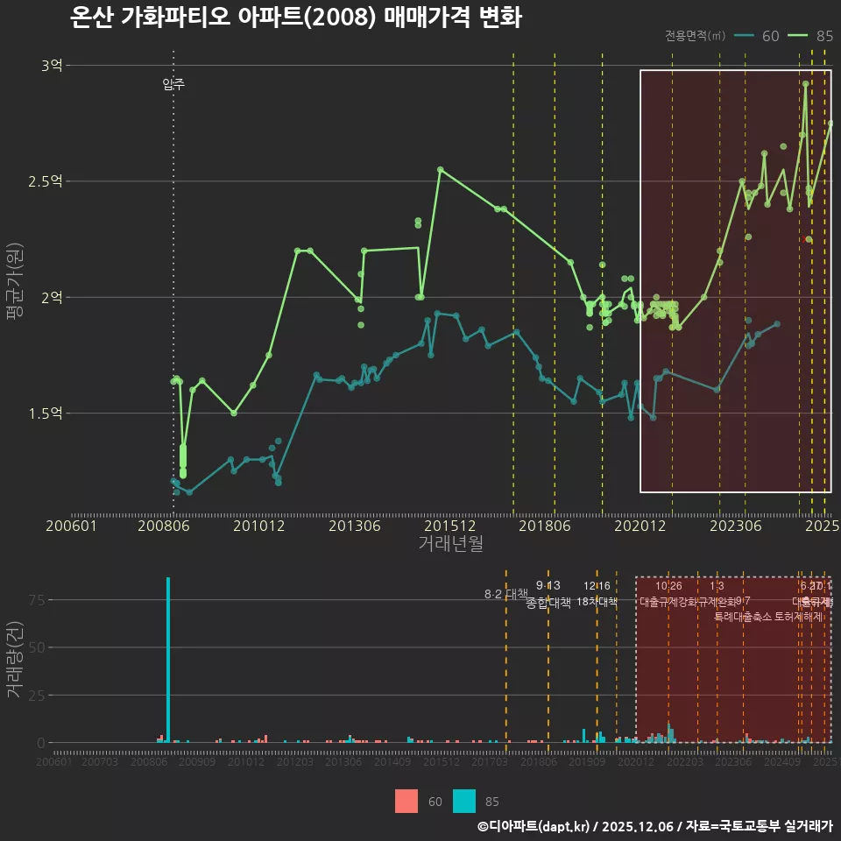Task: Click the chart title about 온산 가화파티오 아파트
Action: point(296,18)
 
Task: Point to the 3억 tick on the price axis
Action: point(52,65)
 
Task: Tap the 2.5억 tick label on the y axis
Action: point(46,181)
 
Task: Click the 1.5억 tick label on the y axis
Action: point(46,413)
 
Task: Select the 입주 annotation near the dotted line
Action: point(173,85)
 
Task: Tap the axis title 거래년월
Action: point(450,544)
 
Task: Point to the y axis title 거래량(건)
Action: point(15,660)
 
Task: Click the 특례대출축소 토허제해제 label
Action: point(768,616)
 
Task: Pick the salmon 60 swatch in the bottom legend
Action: point(406,801)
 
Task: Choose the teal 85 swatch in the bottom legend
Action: point(464,801)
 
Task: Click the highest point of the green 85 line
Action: point(805,84)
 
